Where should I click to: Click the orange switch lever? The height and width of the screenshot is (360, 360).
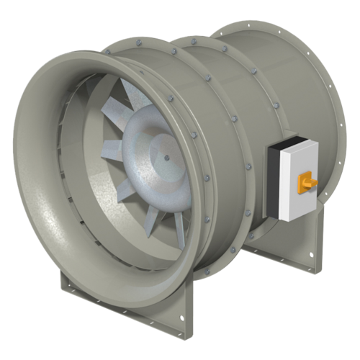pos(312,186)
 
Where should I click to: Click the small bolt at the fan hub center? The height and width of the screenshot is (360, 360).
pos(166,158)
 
